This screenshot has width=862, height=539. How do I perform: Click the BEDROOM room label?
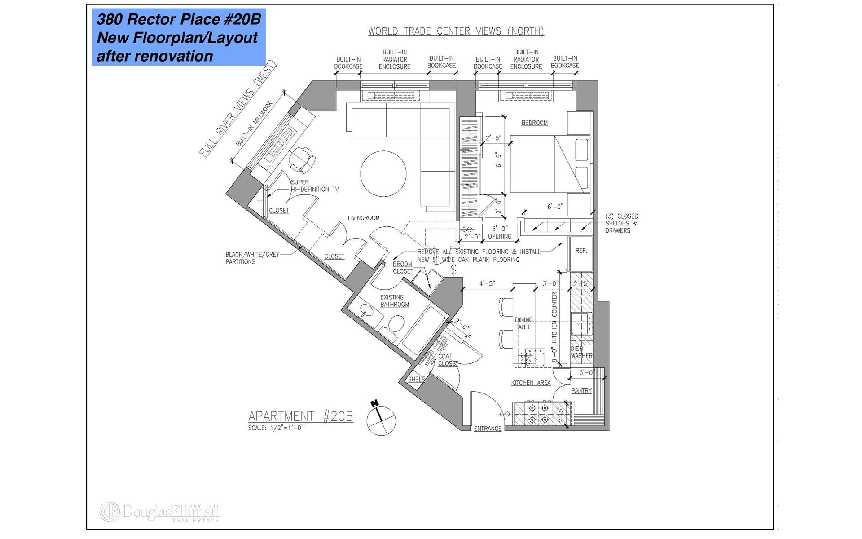[534, 123]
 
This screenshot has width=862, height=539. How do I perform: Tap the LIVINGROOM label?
[364, 218]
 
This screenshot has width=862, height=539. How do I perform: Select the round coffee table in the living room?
[383, 173]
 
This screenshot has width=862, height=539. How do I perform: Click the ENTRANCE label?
[488, 429]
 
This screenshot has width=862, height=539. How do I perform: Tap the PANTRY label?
[581, 390]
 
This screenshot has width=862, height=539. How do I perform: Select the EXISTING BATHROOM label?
[395, 300]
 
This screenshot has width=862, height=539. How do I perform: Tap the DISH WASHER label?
[581, 352]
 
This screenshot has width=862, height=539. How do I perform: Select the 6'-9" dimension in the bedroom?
[498, 160]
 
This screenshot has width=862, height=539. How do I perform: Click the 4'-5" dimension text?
[487, 283]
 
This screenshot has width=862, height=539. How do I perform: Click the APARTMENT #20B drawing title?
[300, 416]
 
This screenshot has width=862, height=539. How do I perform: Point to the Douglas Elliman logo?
[159, 512]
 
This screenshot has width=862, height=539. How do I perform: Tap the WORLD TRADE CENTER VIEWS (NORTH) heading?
[456, 31]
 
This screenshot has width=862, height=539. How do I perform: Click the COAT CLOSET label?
[448, 360]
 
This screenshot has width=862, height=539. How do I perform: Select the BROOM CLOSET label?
[403, 268]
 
